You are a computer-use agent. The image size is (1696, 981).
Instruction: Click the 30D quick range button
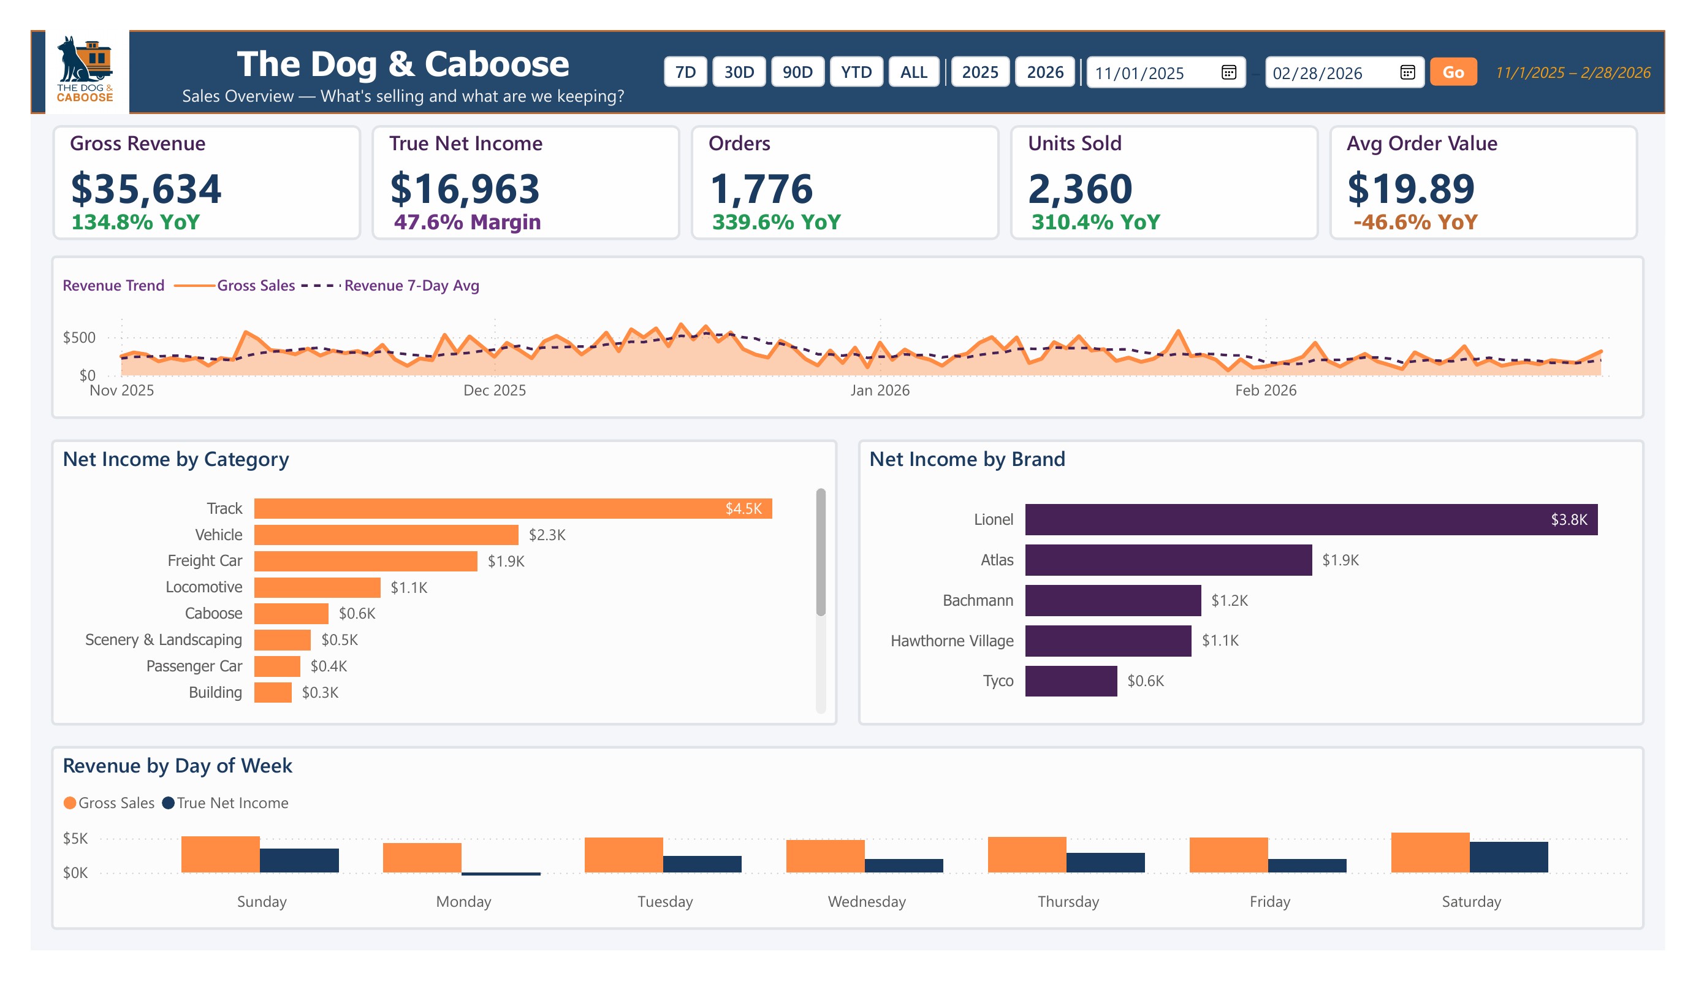click(739, 72)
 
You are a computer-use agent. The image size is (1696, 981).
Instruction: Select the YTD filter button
click(856, 72)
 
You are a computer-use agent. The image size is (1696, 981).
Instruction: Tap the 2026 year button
click(1044, 72)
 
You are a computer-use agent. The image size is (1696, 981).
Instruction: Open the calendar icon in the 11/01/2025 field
click(1228, 72)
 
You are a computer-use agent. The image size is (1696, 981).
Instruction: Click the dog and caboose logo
click(85, 69)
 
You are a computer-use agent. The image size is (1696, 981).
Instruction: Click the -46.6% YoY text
click(1415, 222)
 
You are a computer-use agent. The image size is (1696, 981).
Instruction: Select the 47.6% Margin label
click(467, 222)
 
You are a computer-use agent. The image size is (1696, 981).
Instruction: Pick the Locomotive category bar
click(317, 587)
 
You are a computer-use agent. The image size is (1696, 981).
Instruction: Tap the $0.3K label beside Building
click(320, 692)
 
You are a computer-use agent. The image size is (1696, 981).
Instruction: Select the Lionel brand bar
click(1310, 519)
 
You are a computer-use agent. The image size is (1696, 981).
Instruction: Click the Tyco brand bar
click(1071, 681)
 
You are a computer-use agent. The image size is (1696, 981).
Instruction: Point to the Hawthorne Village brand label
click(952, 640)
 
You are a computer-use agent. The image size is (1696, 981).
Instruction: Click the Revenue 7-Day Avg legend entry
click(411, 286)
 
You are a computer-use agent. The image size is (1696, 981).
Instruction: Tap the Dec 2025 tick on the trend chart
click(495, 391)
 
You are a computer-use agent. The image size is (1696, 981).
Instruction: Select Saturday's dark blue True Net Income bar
click(1508, 857)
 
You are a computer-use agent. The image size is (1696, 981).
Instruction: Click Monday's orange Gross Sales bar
click(422, 857)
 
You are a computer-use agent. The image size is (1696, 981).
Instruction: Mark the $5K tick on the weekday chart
click(75, 838)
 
